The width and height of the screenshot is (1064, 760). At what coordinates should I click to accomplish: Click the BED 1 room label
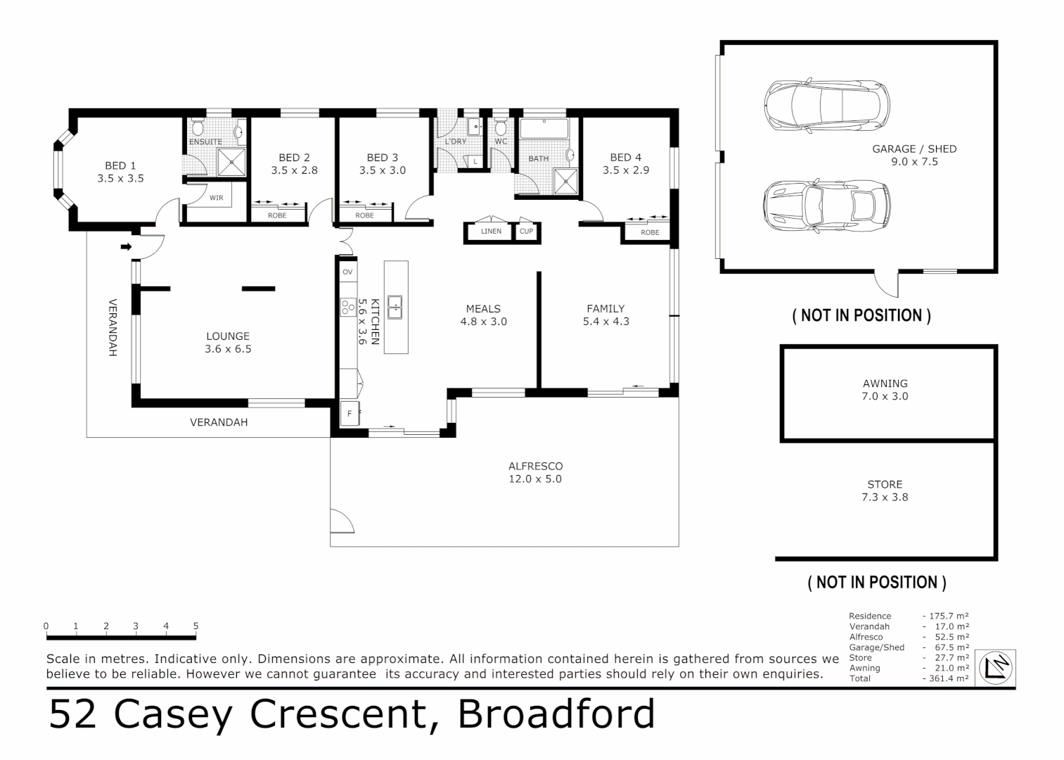pyautogui.click(x=120, y=166)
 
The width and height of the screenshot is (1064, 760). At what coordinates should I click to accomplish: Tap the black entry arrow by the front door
pyautogui.click(x=127, y=246)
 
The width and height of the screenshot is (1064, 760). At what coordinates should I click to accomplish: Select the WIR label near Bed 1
pyautogui.click(x=216, y=198)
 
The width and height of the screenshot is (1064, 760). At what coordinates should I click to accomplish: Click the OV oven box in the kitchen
pyautogui.click(x=347, y=272)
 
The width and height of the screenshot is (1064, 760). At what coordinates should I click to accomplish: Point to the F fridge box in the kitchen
pyautogui.click(x=350, y=414)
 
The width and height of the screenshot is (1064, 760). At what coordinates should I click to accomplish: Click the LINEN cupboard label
pyautogui.click(x=491, y=232)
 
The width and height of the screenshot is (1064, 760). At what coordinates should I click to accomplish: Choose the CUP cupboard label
pyautogui.click(x=526, y=231)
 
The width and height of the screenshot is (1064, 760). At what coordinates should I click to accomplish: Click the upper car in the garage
pyautogui.click(x=826, y=106)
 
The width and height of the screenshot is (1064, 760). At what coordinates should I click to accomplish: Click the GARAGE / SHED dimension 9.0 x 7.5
pyautogui.click(x=914, y=162)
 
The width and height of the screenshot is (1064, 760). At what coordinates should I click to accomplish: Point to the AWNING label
pyautogui.click(x=885, y=384)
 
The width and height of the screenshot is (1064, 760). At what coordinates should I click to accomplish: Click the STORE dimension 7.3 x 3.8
pyautogui.click(x=885, y=497)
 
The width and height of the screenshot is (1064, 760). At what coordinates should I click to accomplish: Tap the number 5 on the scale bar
pyautogui.click(x=196, y=626)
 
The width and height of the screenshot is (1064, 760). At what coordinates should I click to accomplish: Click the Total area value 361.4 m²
pyautogui.click(x=947, y=678)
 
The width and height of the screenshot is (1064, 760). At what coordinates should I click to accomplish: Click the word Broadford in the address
pyautogui.click(x=556, y=714)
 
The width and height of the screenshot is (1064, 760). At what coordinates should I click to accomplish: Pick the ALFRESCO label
pyautogui.click(x=535, y=466)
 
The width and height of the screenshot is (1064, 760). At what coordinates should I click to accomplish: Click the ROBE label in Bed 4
pyautogui.click(x=650, y=232)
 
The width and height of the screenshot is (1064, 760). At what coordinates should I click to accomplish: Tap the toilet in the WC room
pyautogui.click(x=500, y=127)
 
